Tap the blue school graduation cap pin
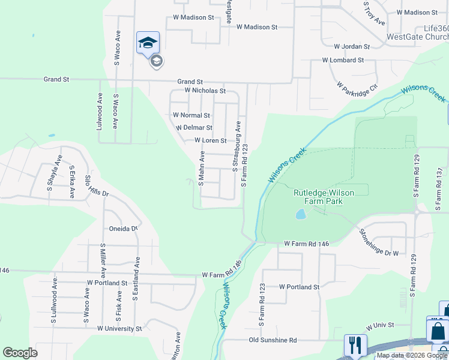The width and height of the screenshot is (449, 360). tap(148, 43)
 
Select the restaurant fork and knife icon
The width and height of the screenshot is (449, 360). tap(355, 346)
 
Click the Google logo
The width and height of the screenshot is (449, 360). tap(20, 353)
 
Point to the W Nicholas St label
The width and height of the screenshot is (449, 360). tap(205, 91)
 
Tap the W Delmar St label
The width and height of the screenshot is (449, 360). tap(193, 128)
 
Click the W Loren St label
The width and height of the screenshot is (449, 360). tap(210, 141)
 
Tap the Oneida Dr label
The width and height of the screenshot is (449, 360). tap(124, 228)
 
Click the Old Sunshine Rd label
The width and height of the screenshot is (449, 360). tap(273, 340)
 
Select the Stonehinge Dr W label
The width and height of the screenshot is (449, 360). tap(378, 242)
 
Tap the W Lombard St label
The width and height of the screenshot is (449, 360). tap(343, 60)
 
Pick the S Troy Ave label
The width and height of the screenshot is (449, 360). tap(373, 13)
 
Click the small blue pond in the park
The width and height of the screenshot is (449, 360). tap(300, 214)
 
